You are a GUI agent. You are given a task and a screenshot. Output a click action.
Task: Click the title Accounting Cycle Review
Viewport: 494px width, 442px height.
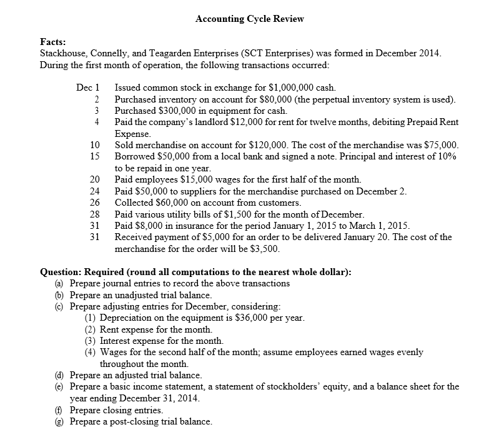249,19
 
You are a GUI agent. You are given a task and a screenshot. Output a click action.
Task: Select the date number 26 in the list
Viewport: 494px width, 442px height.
95,203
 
